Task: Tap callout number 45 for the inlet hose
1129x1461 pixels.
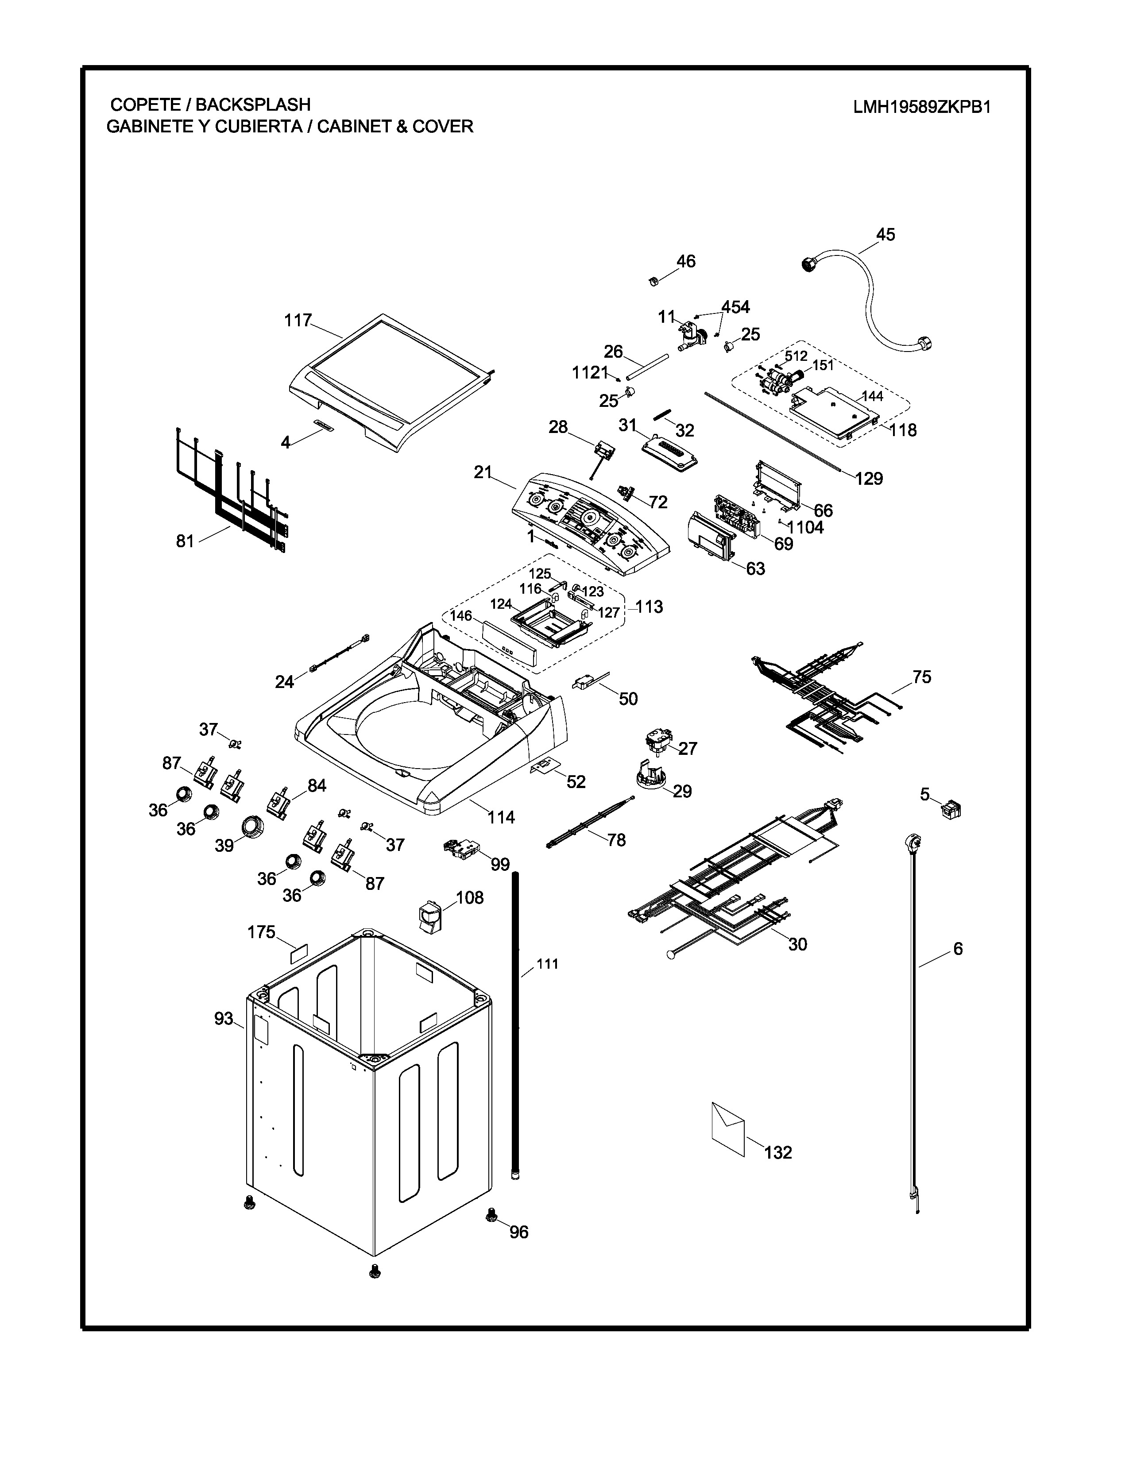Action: coord(885,234)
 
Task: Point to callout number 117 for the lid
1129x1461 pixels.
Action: coord(298,321)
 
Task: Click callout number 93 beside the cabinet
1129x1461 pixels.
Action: coord(224,1018)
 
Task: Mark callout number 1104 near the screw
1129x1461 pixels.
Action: coord(805,527)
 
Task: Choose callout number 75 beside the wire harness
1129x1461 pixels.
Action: coord(922,676)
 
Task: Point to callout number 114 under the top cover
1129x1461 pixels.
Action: coord(501,817)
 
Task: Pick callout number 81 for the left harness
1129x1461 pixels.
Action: coord(185,541)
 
